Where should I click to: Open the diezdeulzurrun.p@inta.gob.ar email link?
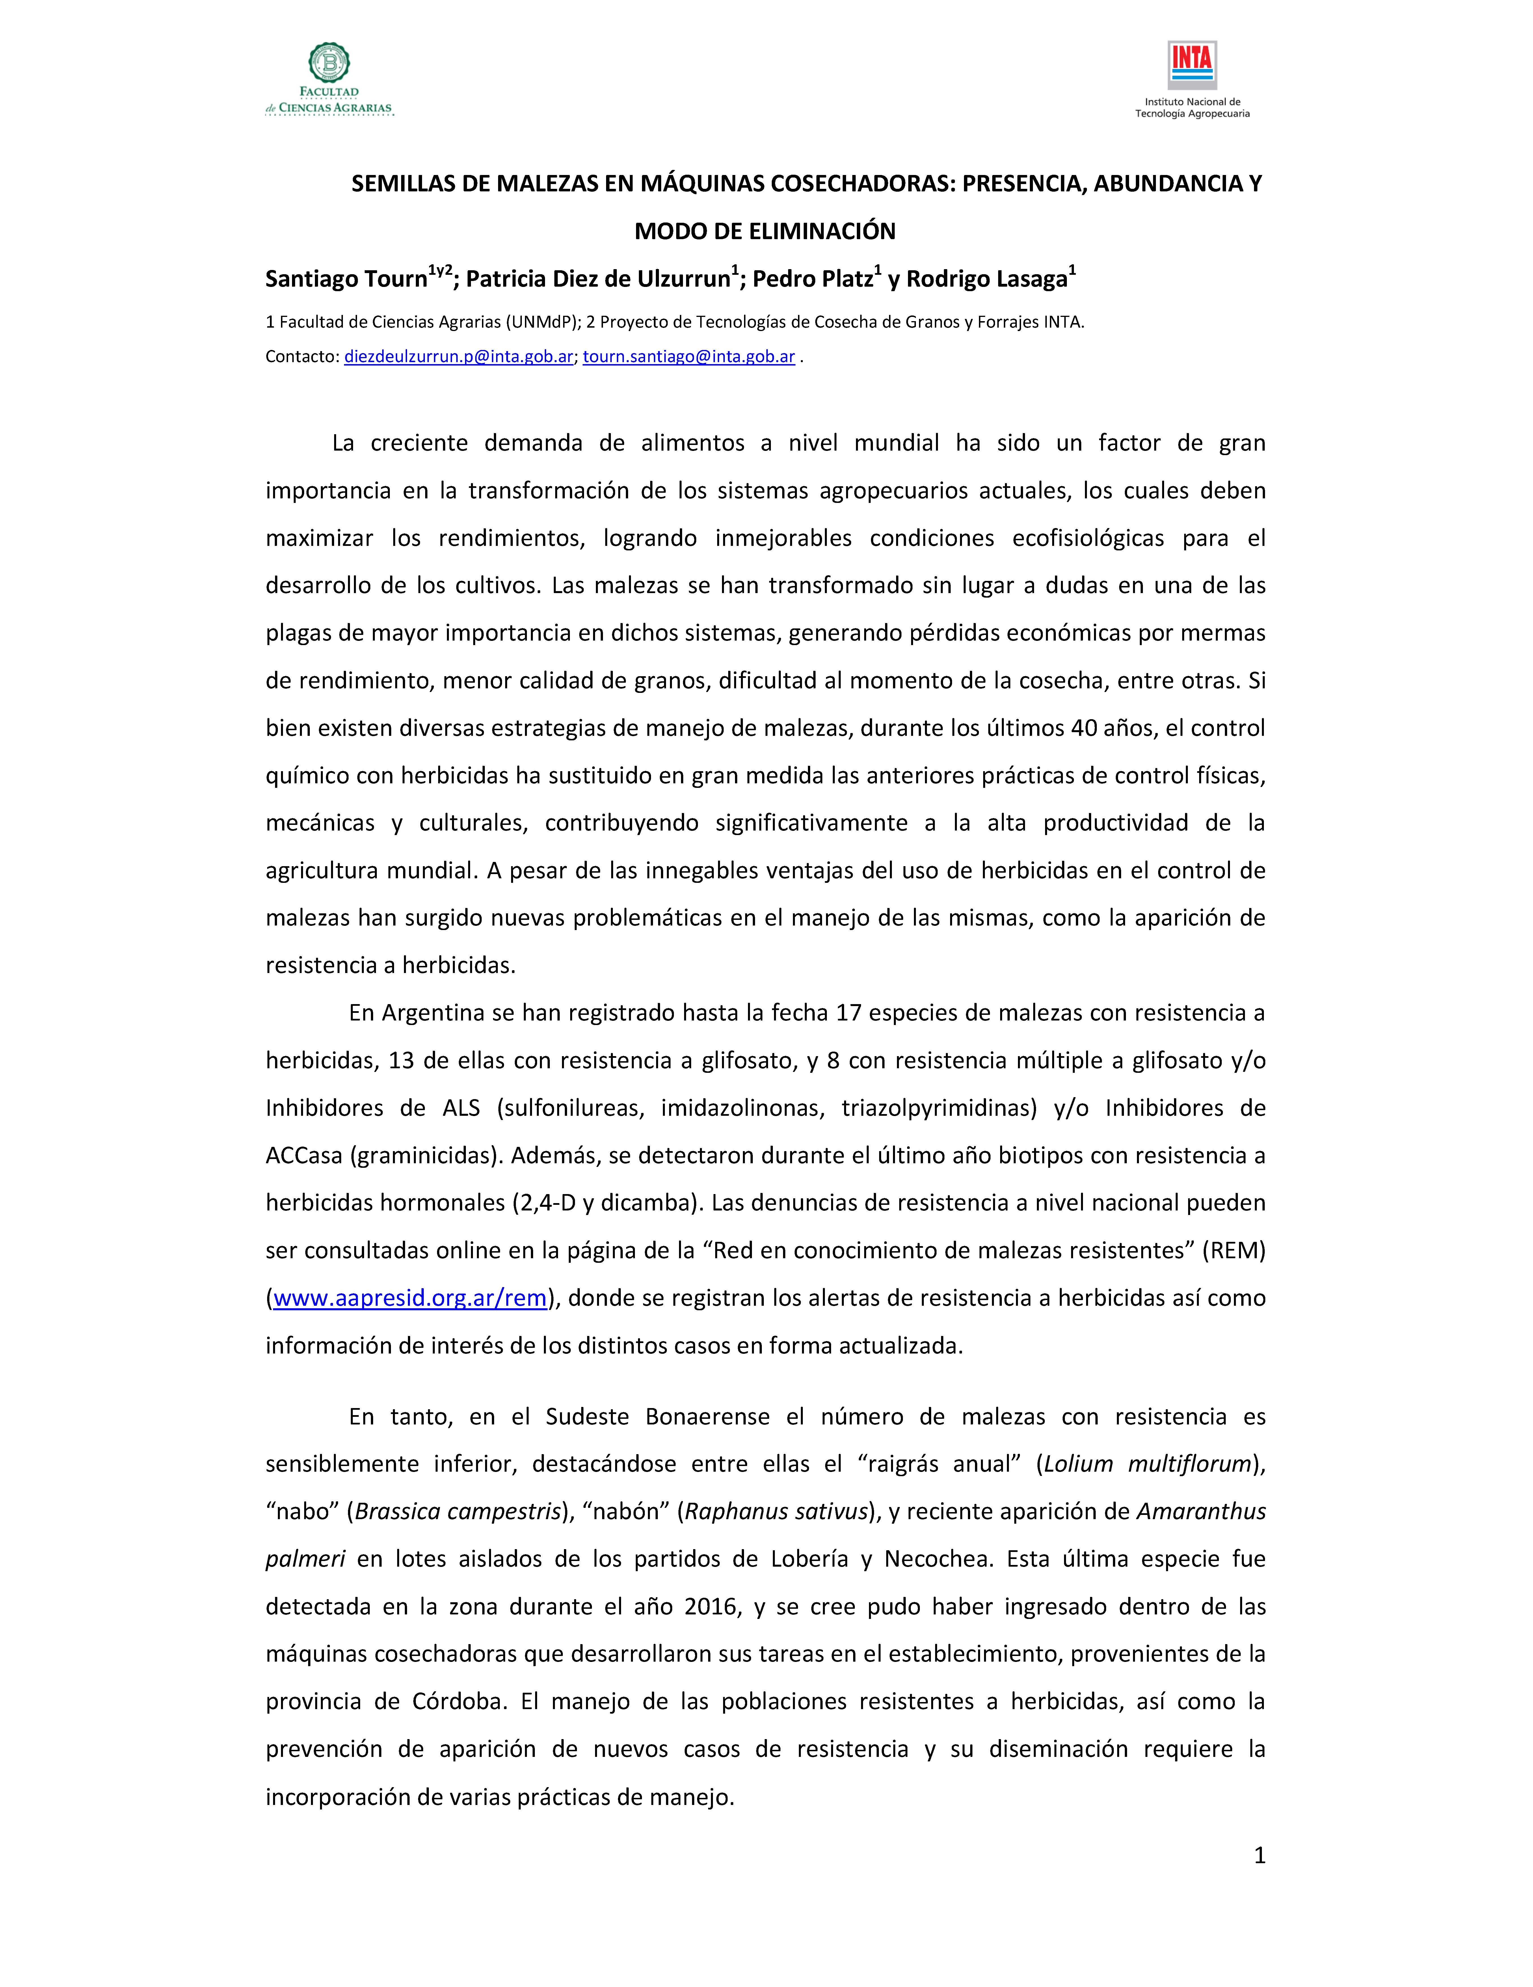(x=458, y=357)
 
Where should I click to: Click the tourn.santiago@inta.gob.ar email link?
(x=689, y=357)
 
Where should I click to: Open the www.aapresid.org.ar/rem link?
(x=409, y=1298)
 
